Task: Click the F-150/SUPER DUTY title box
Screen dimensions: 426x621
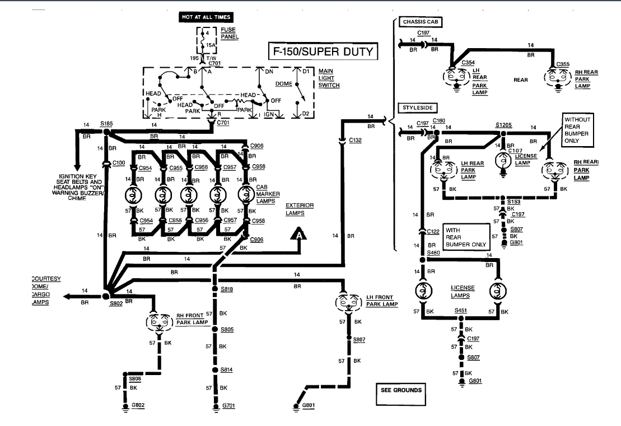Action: click(323, 53)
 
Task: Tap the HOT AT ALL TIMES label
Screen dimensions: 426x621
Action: click(206, 17)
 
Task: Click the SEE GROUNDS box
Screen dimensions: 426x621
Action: click(401, 390)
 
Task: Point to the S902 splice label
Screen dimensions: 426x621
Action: click(115, 303)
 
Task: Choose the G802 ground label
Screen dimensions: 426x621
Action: click(138, 405)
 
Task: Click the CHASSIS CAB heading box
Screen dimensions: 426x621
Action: click(422, 22)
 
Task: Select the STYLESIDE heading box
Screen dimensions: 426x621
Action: click(418, 107)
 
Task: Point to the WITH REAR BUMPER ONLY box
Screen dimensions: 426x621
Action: click(464, 237)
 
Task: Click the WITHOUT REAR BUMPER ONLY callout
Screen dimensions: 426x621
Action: click(577, 130)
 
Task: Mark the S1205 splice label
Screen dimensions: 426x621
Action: click(504, 125)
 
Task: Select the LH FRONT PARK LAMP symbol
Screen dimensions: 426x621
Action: click(349, 302)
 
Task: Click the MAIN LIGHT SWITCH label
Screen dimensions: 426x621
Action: click(329, 78)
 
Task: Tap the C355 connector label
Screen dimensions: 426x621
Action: click(563, 65)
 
